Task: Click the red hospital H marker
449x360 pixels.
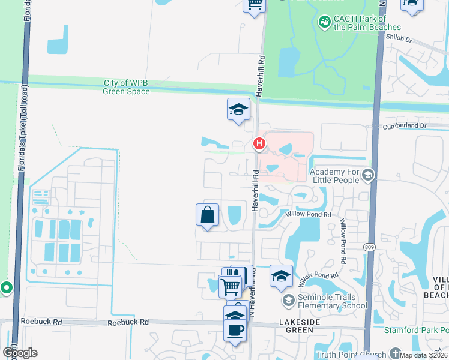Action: coord(259,144)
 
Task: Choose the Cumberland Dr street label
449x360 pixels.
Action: coord(405,126)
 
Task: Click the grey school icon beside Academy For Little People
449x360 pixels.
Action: coord(369,175)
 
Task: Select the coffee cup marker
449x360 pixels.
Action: coord(235,329)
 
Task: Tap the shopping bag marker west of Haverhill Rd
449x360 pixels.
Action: coord(207,215)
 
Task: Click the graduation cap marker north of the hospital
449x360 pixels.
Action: coord(238,109)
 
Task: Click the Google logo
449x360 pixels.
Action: coord(19,353)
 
